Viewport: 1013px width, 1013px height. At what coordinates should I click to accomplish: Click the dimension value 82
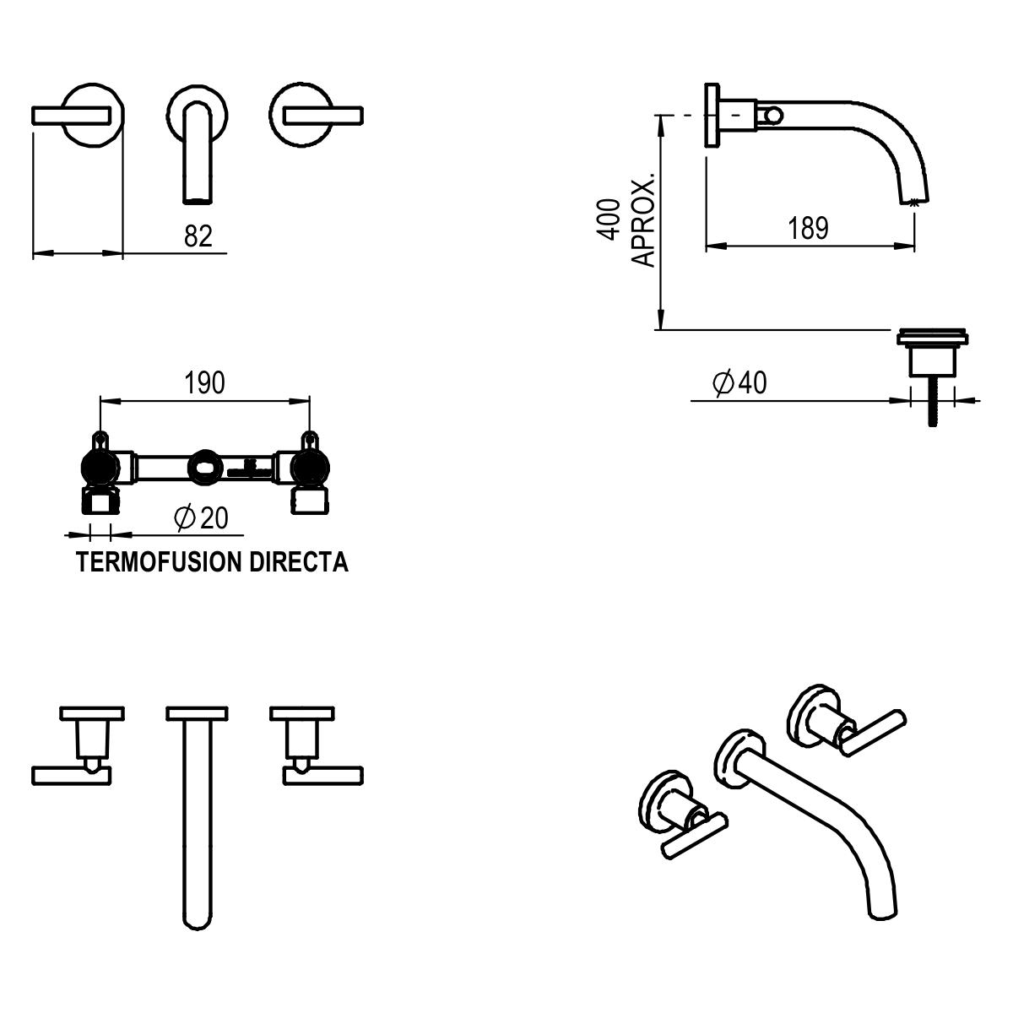coord(198,236)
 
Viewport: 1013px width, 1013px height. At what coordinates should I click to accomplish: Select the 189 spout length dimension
coord(808,229)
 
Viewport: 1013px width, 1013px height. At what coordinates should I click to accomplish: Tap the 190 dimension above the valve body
coord(205,383)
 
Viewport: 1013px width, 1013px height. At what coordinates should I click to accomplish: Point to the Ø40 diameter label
coord(739,383)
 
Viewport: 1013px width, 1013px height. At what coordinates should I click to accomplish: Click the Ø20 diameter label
coord(201,517)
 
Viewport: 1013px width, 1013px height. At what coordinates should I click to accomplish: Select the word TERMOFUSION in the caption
coord(160,563)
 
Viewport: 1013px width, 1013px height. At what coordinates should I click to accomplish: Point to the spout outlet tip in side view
coord(914,202)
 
